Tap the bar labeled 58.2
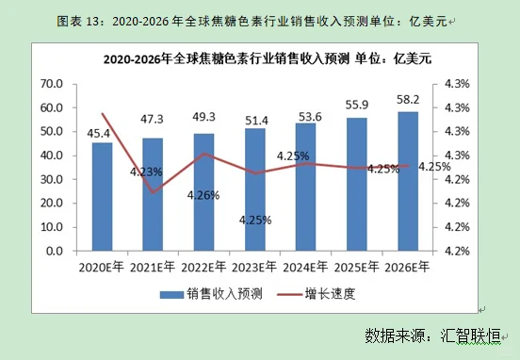click(408, 180)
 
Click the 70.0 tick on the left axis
click(51, 84)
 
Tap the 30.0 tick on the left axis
click(51, 179)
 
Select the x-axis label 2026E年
click(407, 267)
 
